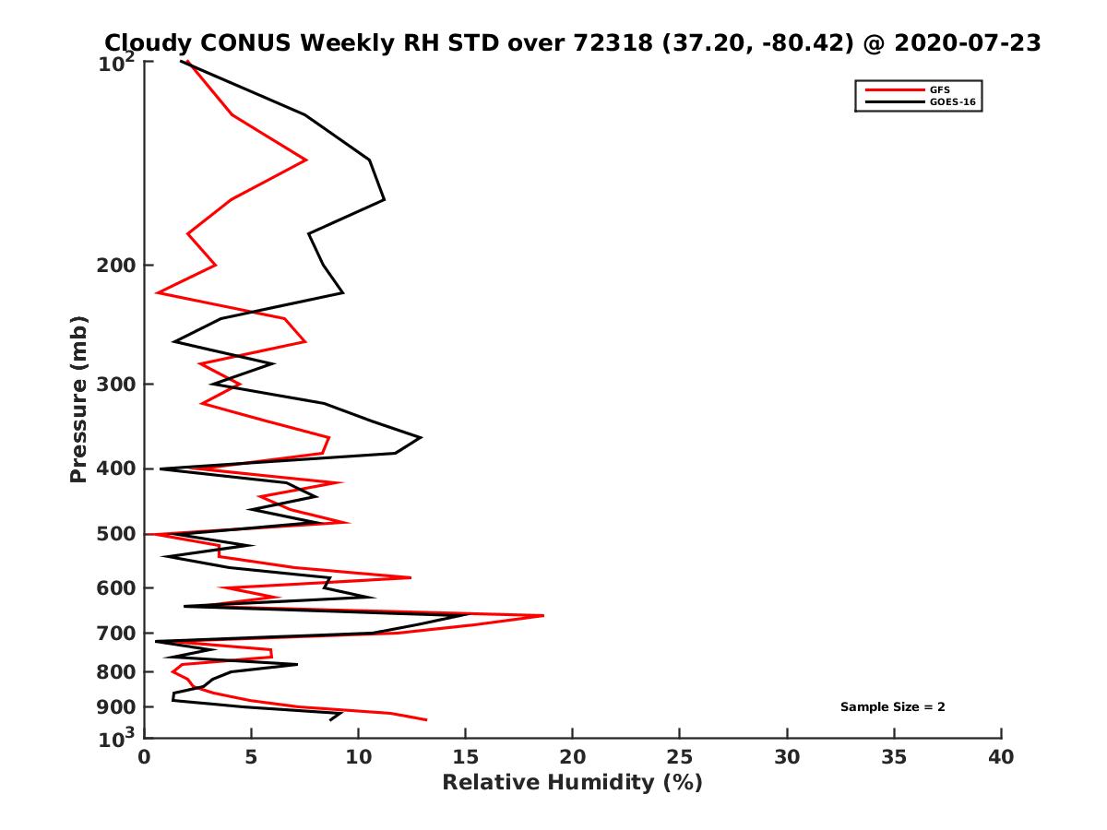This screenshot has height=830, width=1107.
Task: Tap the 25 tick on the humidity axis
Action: [x=680, y=758]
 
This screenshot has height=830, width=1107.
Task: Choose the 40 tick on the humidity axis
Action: [x=1001, y=758]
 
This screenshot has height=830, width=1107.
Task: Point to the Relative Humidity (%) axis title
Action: [x=572, y=783]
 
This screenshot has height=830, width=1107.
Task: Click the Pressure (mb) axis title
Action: [x=78, y=398]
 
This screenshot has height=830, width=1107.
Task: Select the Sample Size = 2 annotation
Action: [x=892, y=707]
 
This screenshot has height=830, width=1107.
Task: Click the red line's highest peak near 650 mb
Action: [x=543, y=615]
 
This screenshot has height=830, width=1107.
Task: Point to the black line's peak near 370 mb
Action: [x=422, y=437]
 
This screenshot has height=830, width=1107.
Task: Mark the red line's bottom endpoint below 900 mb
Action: [x=426, y=719]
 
